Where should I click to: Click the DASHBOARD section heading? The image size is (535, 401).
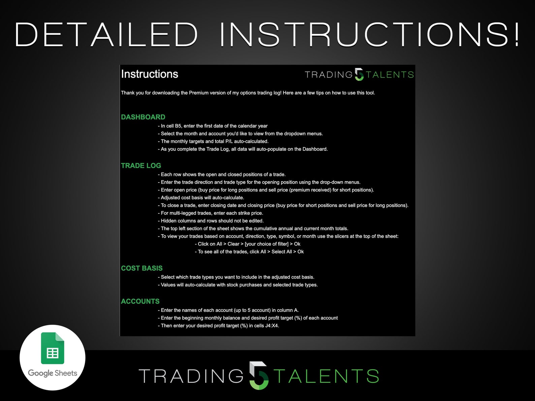143,117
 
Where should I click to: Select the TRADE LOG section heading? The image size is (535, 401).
141,166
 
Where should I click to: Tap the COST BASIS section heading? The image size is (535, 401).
141,268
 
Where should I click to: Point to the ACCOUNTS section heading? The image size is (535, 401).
140,301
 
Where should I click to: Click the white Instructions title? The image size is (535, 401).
150,74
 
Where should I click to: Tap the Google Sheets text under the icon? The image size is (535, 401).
53,373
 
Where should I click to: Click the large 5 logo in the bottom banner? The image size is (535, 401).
259,375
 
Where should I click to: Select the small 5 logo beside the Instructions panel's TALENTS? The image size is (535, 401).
359,74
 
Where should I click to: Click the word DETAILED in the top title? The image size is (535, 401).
106,35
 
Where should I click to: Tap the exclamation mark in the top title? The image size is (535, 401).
516,35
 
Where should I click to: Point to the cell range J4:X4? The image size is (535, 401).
272,326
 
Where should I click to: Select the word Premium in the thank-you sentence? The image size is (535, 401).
199,93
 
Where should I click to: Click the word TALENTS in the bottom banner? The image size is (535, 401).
326,376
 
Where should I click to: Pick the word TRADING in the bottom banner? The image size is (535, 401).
191,376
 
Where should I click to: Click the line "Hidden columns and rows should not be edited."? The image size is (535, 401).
212,221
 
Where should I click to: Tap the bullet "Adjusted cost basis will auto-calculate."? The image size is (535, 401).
202,198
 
